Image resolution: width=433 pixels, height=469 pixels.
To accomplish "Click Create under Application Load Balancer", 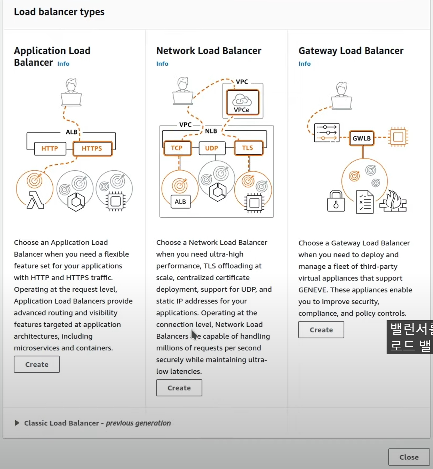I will point(37,364).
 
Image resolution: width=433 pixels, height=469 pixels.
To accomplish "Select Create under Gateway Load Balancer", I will point(321,330).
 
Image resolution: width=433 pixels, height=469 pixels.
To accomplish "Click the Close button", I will point(409,457).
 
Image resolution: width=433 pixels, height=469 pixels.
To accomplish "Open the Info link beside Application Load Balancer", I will point(63,64).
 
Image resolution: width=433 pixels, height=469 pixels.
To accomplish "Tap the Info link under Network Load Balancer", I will point(162,64).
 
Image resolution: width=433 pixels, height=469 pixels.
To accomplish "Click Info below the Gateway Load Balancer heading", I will point(304,64).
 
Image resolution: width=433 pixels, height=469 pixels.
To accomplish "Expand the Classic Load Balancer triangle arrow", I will point(17,423).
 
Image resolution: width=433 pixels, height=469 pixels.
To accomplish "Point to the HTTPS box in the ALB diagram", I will point(92,148).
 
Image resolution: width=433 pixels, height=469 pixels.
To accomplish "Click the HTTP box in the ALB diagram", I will point(50,148).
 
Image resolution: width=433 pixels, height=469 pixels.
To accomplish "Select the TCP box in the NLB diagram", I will point(177,148).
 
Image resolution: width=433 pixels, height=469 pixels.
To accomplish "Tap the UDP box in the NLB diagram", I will point(212,148).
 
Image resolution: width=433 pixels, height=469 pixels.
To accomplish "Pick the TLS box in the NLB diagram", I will point(248,148).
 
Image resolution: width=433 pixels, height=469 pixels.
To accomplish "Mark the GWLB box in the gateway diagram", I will point(362,138).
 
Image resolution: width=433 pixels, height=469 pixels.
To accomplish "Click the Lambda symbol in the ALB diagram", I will point(35,200).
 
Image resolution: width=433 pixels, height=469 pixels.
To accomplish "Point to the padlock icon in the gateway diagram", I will point(336,201).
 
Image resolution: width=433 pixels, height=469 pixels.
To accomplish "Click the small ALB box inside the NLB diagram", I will point(180,202).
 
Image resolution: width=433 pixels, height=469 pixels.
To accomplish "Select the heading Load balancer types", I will point(59,12).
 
